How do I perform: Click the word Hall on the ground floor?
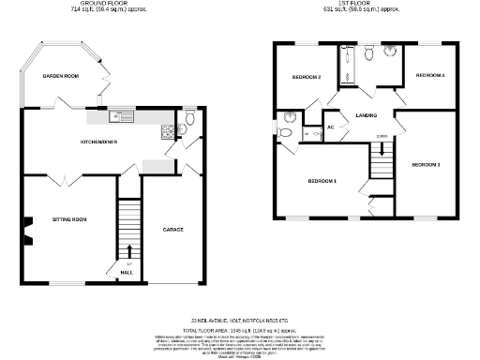point(126,273)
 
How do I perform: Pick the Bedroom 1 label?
point(323,181)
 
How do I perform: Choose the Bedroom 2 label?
point(307,77)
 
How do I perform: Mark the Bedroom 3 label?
point(426,164)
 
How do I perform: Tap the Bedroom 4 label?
point(429,75)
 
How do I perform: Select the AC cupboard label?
point(331,127)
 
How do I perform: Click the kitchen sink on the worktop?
point(120,117)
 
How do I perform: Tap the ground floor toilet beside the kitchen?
point(188,118)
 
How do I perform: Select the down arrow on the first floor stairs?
point(382,145)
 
